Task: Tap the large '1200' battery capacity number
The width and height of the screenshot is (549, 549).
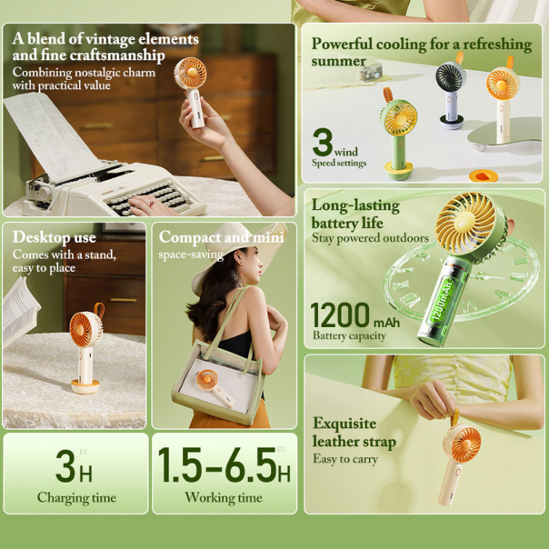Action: (340, 315)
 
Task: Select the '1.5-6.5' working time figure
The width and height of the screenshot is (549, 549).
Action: (217, 464)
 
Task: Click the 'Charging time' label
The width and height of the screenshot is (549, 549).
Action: (76, 498)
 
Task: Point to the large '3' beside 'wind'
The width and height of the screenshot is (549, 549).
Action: (323, 142)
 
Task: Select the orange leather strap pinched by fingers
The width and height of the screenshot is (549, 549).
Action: (454, 416)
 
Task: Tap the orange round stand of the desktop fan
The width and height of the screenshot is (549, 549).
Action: (85, 386)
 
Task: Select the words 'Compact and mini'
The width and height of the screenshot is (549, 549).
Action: (221, 237)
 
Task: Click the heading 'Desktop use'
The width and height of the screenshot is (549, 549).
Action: (55, 237)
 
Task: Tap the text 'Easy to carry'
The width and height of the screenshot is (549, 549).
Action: (345, 459)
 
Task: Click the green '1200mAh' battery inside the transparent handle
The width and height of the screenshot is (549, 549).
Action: (443, 299)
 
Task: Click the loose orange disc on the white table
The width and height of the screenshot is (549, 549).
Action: (484, 175)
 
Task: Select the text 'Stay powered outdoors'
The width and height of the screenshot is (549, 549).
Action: (370, 238)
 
